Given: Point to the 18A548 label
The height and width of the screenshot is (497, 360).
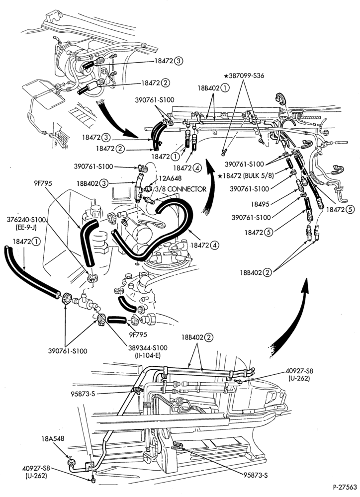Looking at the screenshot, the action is click(x=53, y=438).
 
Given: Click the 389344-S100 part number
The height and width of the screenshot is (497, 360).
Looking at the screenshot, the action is click(x=148, y=348).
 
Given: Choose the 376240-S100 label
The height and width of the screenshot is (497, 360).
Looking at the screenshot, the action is click(x=26, y=220).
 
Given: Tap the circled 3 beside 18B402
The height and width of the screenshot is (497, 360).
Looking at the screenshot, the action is click(x=103, y=183).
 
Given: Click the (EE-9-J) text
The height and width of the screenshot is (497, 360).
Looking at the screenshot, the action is click(x=26, y=228).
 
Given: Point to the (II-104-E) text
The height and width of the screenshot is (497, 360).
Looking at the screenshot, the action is click(x=148, y=355).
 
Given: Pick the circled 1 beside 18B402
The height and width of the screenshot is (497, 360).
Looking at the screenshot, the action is click(x=225, y=88).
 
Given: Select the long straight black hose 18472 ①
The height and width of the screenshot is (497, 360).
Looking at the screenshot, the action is click(x=32, y=273).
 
